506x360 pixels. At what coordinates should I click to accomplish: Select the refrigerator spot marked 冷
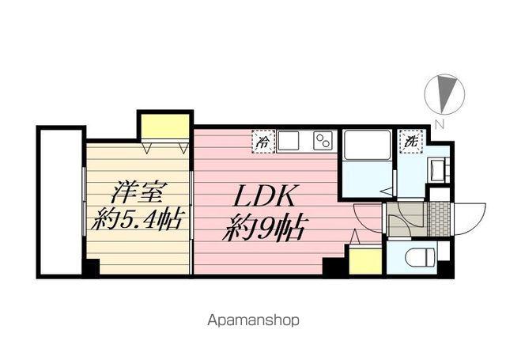tap(262, 142)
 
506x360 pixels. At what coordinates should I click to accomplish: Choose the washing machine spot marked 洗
tap(410, 142)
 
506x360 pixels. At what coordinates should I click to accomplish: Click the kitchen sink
tap(288, 142)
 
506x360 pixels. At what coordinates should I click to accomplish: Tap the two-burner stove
tap(323, 142)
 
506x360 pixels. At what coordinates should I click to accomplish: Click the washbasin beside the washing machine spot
tap(436, 169)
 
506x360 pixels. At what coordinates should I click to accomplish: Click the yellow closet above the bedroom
tap(165, 125)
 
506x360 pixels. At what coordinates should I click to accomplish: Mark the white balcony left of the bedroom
tap(61, 201)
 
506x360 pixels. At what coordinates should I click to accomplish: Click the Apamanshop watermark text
tap(254, 321)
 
